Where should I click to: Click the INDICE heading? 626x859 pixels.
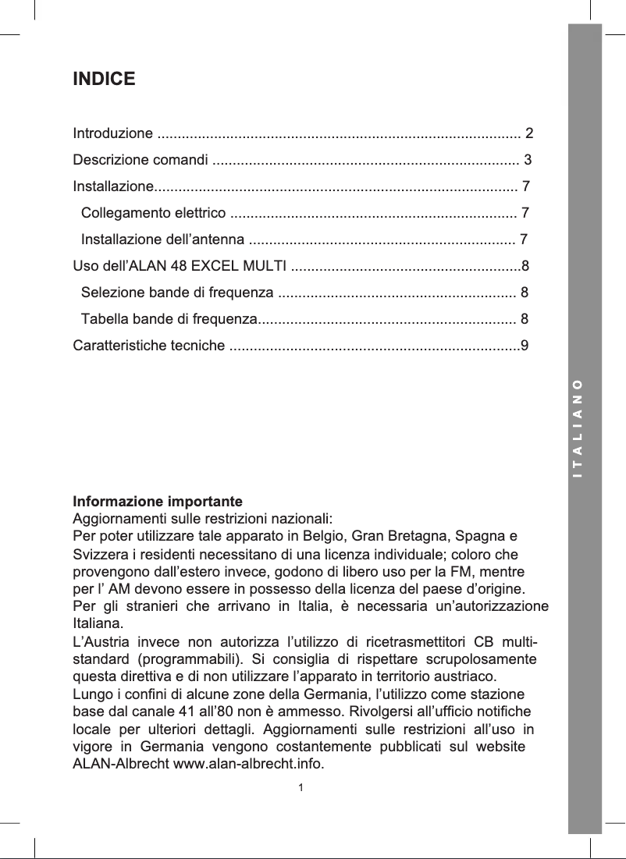pos(104,80)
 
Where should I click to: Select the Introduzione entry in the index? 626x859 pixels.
pos(112,133)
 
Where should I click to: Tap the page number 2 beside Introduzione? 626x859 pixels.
pos(529,133)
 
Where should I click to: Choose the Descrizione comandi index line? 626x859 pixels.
pos(140,161)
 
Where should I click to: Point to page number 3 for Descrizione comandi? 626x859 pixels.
pos(528,161)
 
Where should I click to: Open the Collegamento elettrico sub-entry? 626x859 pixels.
pos(154,213)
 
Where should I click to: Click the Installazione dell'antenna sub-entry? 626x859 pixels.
pos(164,240)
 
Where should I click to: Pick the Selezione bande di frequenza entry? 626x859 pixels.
pos(177,293)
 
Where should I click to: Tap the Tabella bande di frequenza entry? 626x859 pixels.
pos(169,319)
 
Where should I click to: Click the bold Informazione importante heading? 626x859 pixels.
pos(158,500)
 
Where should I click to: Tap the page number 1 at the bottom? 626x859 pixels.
pos(301,786)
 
